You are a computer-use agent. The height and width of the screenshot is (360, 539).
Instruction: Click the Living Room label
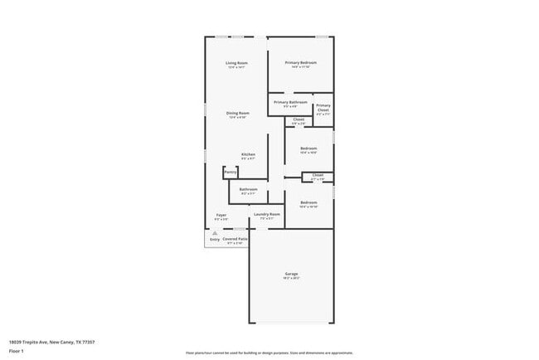click(237, 63)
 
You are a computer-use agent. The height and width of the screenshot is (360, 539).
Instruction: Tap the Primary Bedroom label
click(301, 63)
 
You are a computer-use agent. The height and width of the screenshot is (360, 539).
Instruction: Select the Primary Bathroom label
click(290, 102)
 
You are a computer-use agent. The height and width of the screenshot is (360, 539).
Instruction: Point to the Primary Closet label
click(323, 108)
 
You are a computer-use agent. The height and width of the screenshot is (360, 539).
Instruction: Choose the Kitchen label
click(248, 154)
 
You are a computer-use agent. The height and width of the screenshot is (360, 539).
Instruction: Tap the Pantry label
click(231, 172)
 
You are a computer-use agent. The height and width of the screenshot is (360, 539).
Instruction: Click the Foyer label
click(221, 215)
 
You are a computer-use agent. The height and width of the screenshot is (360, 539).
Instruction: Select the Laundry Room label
click(267, 214)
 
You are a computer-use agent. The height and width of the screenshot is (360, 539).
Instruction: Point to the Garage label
click(291, 274)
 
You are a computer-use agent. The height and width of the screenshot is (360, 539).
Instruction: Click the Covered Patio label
click(234, 238)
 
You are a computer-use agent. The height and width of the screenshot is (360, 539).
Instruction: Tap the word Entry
click(214, 239)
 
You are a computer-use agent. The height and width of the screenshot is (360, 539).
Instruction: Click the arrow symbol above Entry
click(214, 233)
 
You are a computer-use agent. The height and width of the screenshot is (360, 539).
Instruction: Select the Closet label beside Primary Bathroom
click(299, 119)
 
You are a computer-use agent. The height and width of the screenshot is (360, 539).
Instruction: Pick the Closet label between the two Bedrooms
click(318, 175)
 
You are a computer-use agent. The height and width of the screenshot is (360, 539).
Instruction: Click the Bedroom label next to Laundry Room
click(308, 203)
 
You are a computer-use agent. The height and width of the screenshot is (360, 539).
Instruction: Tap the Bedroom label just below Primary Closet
click(308, 148)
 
